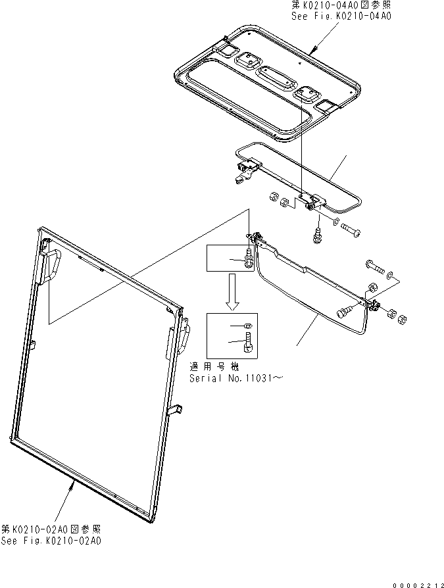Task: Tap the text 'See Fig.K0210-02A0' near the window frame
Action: click(51, 541)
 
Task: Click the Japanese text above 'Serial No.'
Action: click(214, 367)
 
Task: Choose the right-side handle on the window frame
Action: click(184, 335)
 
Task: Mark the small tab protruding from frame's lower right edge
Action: click(176, 410)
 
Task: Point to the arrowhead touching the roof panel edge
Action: click(315, 51)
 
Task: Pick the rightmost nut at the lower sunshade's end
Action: click(403, 319)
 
